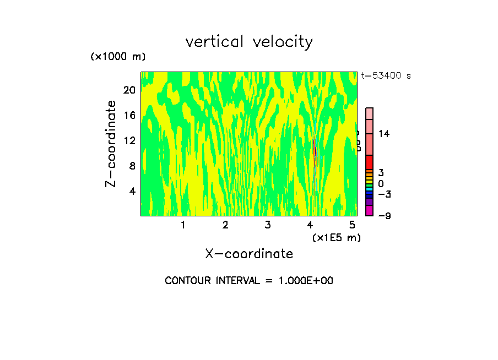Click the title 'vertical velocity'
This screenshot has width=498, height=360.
[x=249, y=42]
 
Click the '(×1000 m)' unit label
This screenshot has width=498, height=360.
[x=117, y=57]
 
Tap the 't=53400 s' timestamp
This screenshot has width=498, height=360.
[x=386, y=76]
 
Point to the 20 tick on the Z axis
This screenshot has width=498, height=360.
[x=129, y=90]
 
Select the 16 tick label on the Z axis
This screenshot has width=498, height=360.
[x=129, y=115]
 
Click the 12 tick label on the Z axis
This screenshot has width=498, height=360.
[x=129, y=140]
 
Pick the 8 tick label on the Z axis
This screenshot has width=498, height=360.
[x=132, y=166]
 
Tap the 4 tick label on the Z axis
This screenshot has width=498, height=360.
[x=132, y=191]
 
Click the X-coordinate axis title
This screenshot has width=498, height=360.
[x=249, y=254]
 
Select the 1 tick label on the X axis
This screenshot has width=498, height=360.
[x=183, y=225]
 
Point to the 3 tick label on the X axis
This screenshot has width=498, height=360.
[x=268, y=225]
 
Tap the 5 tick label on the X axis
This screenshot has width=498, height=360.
[x=353, y=225]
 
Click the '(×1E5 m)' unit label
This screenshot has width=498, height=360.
[x=337, y=237]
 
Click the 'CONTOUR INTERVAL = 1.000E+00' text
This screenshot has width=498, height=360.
[x=249, y=281]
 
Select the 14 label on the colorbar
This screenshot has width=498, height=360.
[x=384, y=134]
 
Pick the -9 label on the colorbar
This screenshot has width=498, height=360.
[x=384, y=216]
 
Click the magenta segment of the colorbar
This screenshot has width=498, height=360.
[x=369, y=210]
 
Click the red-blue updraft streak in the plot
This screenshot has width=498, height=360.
[x=315, y=154]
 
